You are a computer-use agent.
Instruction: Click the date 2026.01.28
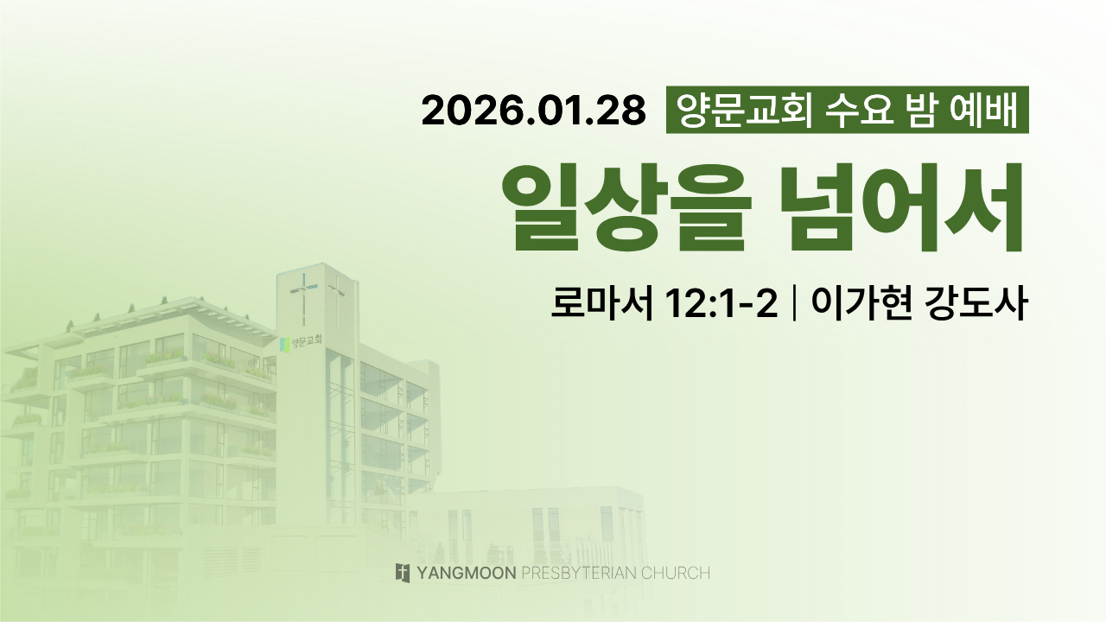pyautogui.click(x=533, y=110)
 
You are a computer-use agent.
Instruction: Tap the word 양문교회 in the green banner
pyautogui.click(x=744, y=110)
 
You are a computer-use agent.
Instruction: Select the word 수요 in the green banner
pyautogui.click(x=860, y=110)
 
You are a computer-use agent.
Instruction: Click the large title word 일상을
pyautogui.click(x=626, y=207)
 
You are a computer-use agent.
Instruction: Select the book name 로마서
pyautogui.click(x=601, y=303)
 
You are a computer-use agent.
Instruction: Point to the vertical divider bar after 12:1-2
pyautogui.click(x=794, y=304)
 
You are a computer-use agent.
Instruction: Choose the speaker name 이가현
pyautogui.click(x=861, y=303)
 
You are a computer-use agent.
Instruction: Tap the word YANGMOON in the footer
pyautogui.click(x=467, y=573)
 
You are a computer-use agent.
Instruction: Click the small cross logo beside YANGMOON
pyautogui.click(x=403, y=573)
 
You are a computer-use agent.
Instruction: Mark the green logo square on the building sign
pyautogui.click(x=284, y=345)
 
